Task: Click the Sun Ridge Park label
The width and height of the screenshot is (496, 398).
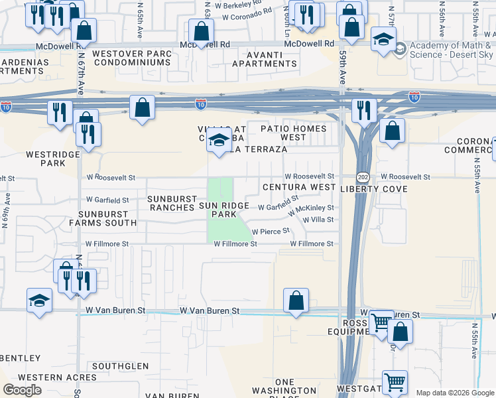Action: pos(224,210)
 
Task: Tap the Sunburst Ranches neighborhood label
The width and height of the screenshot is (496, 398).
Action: pos(172,203)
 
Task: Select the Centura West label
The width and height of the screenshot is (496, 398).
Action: pos(299,188)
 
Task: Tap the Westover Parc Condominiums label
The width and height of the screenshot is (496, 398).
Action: pos(132,58)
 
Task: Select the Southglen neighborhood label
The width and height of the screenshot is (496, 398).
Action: pos(120,365)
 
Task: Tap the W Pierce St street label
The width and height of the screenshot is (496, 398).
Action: pos(271,232)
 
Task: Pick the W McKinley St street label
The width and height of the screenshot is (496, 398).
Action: pos(311,208)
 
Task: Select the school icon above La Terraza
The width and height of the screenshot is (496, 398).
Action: pos(219,141)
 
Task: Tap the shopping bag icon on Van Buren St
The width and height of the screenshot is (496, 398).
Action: pos(296,300)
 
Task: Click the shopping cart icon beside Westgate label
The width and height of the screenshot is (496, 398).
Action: pos(395,382)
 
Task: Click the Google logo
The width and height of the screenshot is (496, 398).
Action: pos(23,389)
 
